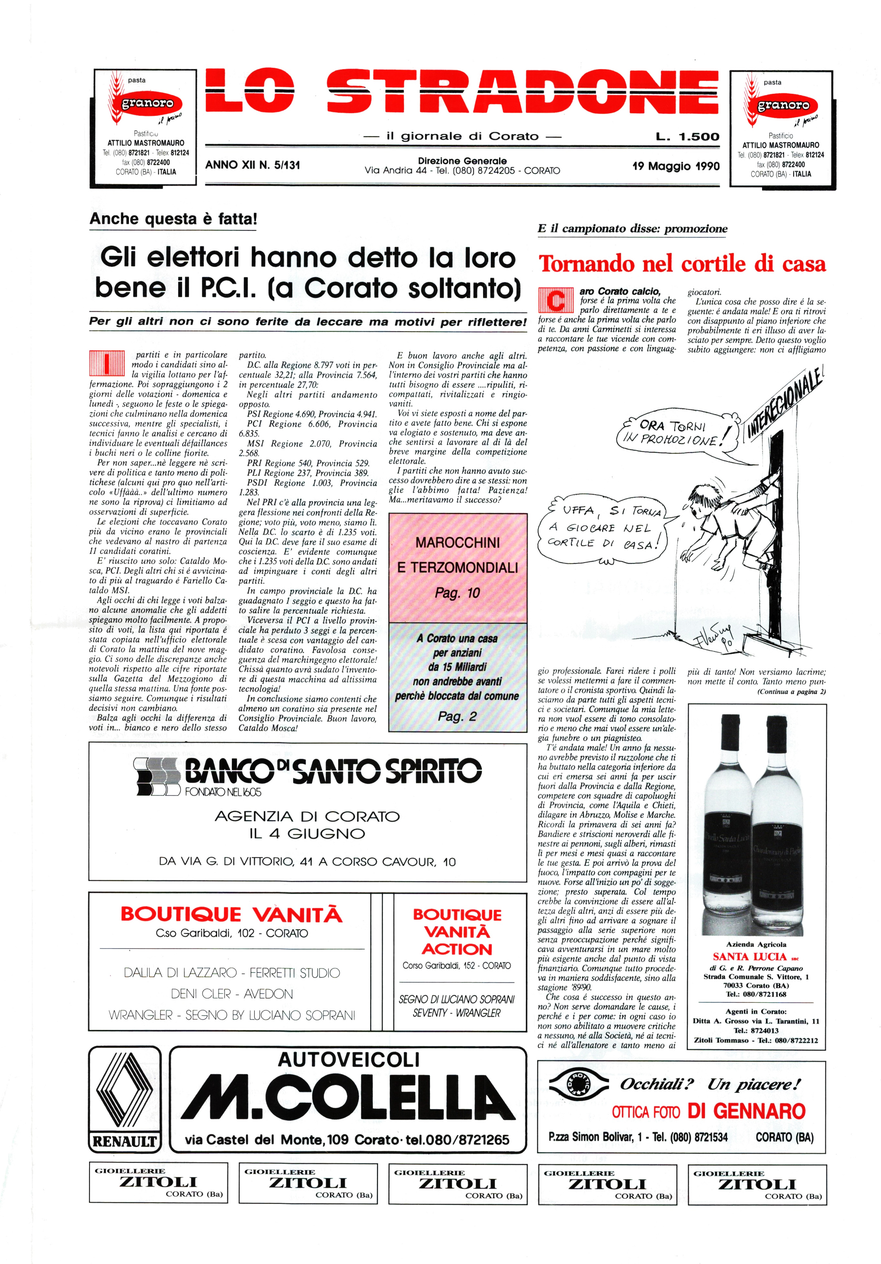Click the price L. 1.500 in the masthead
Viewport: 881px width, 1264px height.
[687, 137]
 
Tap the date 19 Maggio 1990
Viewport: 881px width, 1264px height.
[676, 166]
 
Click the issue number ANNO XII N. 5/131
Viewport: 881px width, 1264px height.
[252, 165]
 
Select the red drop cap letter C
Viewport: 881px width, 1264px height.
[557, 301]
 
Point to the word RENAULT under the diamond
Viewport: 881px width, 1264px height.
[125, 1141]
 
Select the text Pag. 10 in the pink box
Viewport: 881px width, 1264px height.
[457, 593]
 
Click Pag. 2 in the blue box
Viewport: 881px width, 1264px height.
[457, 716]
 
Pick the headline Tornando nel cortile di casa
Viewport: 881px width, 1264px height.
[682, 264]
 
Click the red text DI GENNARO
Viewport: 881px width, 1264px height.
[746, 1111]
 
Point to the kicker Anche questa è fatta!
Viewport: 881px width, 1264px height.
[173, 219]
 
